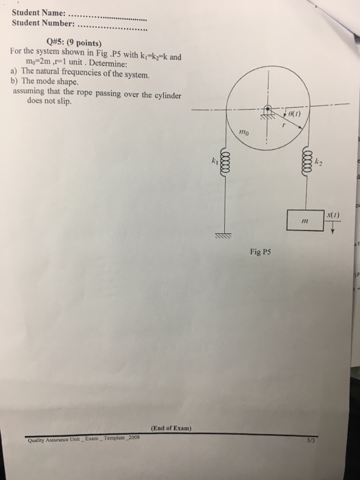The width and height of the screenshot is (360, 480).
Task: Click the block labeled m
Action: point(307,221)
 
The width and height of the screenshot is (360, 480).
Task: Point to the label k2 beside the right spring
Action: point(318,163)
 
